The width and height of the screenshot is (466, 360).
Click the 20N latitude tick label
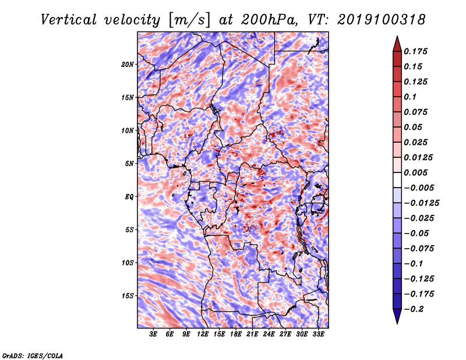(x=127, y=65)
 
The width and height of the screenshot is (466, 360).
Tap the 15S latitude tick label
(x=127, y=296)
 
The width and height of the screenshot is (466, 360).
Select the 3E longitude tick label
(x=153, y=334)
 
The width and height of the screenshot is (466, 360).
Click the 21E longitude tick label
(x=252, y=334)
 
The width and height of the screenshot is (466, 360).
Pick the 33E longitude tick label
(x=318, y=334)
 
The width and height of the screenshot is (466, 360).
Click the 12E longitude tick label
(x=203, y=334)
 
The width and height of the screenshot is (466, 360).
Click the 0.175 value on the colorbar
(x=415, y=51)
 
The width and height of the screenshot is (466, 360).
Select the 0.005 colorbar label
(x=415, y=172)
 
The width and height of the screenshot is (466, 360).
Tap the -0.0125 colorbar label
(x=421, y=203)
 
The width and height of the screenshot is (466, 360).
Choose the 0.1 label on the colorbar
(x=410, y=97)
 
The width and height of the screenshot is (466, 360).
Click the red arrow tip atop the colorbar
(x=397, y=36)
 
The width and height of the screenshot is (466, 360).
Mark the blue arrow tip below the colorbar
(x=397, y=323)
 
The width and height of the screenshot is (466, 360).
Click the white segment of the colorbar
(x=397, y=180)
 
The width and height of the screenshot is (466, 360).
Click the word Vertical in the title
(x=69, y=20)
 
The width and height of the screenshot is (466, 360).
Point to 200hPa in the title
(x=269, y=20)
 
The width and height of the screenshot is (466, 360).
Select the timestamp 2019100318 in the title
(x=382, y=20)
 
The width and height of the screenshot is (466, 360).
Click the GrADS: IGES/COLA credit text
(x=33, y=356)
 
